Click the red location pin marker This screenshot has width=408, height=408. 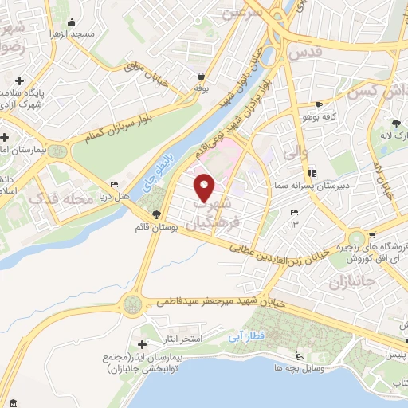205,187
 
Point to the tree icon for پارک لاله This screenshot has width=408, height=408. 397,123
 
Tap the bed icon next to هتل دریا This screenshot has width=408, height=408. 114,183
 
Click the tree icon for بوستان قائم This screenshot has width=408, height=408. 156,214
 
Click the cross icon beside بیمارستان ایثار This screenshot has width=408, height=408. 142,344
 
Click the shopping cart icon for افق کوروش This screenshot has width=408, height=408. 372,235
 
